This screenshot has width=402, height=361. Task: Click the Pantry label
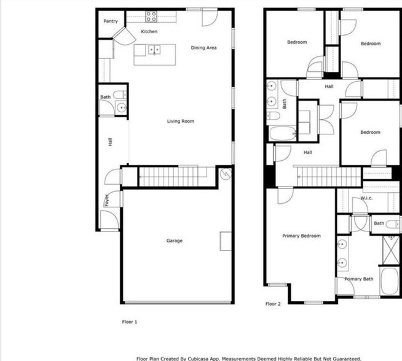[111, 21]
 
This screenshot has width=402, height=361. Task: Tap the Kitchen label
[149, 31]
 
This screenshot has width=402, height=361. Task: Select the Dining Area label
[203, 48]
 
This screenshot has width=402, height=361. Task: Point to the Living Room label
[181, 122]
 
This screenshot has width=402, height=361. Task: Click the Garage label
[175, 241]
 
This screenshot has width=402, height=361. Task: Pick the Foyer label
[106, 200]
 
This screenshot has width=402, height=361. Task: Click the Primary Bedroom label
[301, 236]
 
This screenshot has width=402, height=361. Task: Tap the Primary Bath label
[359, 279]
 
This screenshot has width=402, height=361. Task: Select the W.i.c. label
[367, 198]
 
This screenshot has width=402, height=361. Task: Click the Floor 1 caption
[130, 321]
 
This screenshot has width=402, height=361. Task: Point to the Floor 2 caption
[273, 304]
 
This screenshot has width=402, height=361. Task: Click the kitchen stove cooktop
[151, 15]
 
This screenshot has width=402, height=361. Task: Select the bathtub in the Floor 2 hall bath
[283, 133]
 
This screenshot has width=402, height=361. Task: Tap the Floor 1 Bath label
[105, 98]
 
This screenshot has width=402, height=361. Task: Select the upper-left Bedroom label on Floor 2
[297, 42]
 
